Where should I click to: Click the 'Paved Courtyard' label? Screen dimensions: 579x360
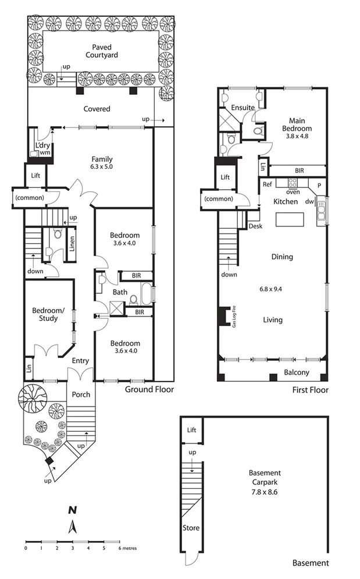coord(102,51)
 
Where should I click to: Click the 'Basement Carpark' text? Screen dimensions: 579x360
coord(265,477)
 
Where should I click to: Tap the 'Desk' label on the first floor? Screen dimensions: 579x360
coord(255,226)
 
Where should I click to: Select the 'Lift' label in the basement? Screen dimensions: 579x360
coord(192,430)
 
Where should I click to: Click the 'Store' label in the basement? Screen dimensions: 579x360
coord(191,528)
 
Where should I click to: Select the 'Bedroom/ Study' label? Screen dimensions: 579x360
coord(48,314)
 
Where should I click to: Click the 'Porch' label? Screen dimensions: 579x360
coord(81,394)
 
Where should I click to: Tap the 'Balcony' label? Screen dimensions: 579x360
coord(297,373)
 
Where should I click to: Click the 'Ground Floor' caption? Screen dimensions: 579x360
coord(149,390)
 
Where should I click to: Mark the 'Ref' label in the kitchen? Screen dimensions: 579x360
coord(267,184)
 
